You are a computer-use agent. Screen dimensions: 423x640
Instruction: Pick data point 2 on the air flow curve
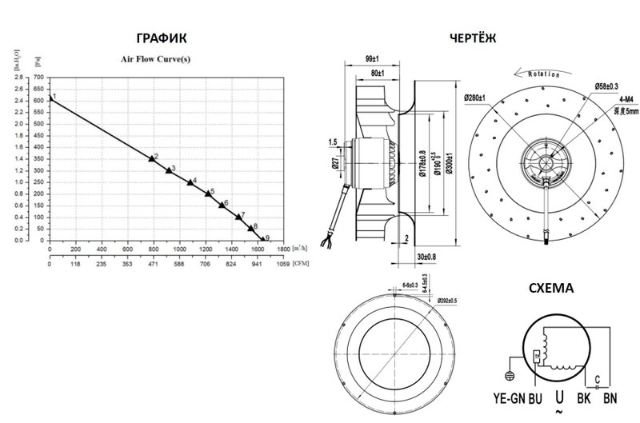coord(151,158)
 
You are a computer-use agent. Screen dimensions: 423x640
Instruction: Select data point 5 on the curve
coord(208,194)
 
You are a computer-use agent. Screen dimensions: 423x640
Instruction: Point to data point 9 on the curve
coord(261,237)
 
